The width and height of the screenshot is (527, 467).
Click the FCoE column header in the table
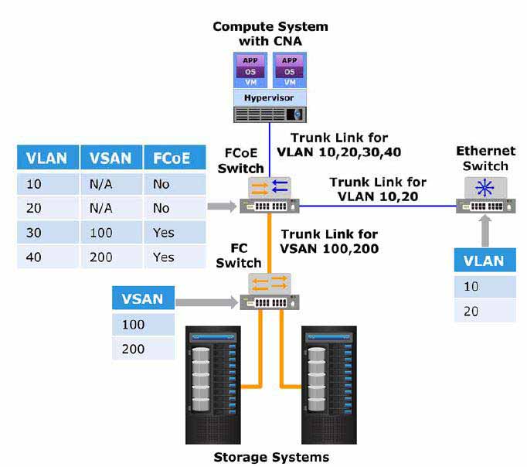175,158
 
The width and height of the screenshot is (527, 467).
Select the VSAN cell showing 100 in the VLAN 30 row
111,232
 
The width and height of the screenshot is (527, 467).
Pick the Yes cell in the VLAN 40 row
175,257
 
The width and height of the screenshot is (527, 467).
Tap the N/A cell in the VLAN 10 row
111,184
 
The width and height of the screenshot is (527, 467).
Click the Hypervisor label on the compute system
269,98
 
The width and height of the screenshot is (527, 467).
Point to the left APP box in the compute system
250,60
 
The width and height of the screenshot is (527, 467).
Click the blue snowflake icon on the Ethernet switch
484,188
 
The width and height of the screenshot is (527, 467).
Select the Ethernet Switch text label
485,159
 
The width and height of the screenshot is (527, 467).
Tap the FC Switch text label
239,255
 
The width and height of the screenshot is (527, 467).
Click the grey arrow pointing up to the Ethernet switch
485,231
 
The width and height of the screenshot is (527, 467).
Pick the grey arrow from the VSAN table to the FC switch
207,302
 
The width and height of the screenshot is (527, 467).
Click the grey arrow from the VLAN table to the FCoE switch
223,206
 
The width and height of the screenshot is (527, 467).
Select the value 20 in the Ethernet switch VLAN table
471,311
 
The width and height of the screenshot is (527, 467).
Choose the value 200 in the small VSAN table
133,349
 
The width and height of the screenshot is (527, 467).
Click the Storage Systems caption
271,457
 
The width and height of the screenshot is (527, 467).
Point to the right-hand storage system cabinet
329,385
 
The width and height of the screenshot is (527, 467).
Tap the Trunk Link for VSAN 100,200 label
329,241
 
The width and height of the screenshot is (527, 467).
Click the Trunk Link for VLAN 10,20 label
378,189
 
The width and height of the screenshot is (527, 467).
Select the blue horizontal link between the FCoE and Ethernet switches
377,206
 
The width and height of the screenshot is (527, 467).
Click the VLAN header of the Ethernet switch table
484,261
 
